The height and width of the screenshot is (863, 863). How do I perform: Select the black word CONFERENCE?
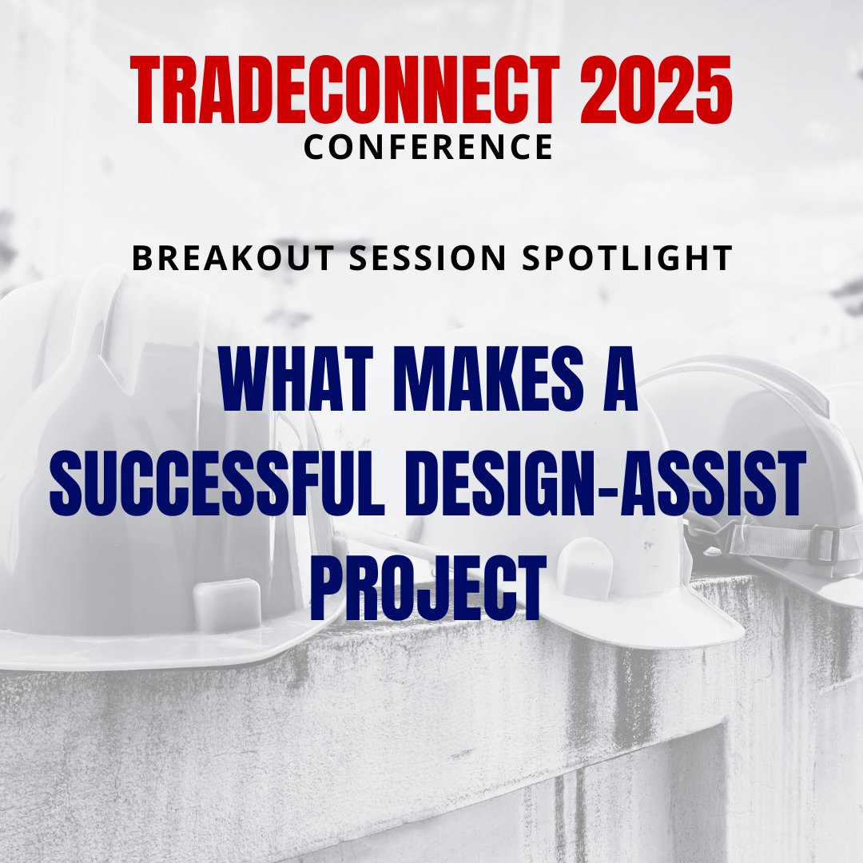click(429, 147)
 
